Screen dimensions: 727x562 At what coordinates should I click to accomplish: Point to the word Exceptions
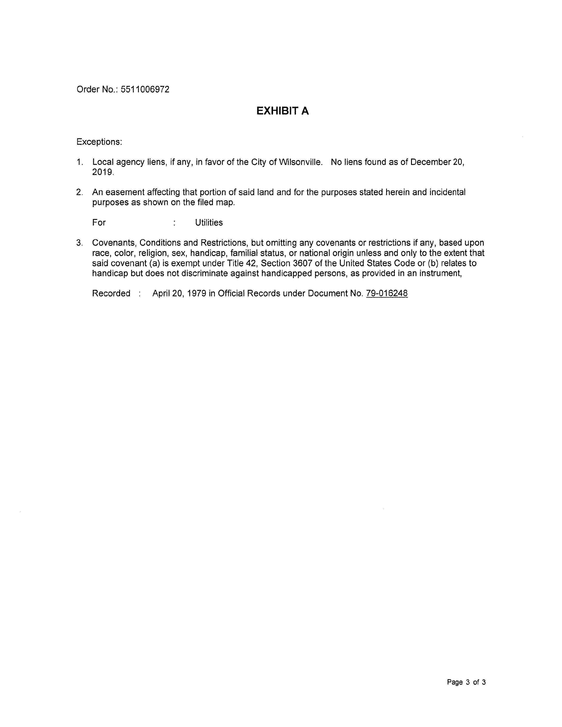coord(99,142)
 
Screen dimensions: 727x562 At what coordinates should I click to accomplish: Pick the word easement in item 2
coord(125,192)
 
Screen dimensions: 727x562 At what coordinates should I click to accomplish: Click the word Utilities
coord(209,223)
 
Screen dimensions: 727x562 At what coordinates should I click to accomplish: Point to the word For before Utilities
coord(99,223)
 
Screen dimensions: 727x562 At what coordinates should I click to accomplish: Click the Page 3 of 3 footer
coord(466,682)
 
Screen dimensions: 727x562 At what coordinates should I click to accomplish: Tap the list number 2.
coord(79,192)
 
